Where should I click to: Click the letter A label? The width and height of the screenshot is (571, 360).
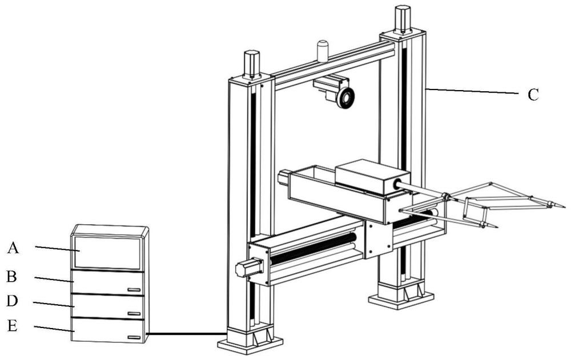click(13, 248)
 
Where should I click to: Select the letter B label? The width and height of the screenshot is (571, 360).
click(11, 277)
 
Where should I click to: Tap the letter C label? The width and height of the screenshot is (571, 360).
click(533, 95)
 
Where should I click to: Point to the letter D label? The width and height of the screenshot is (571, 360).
click(12, 301)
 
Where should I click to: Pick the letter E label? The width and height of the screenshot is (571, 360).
click(12, 326)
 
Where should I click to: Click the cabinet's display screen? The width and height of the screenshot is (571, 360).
click(108, 253)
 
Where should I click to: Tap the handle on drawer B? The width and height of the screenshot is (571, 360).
click(134, 290)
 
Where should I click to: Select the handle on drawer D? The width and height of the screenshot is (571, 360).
click(134, 313)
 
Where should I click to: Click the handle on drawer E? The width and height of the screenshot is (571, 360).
click(134, 338)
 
